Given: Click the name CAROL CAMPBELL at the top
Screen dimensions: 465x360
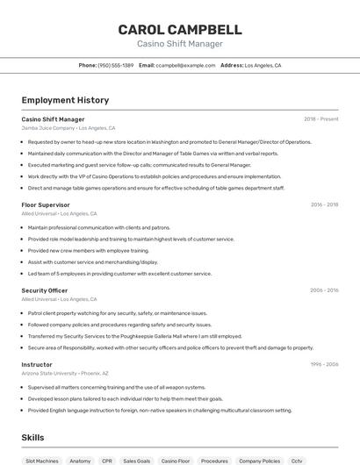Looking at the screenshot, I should point(179,29).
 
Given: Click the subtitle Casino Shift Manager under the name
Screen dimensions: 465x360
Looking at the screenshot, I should point(179,44).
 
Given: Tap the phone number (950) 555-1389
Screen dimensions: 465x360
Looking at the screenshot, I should point(115,65).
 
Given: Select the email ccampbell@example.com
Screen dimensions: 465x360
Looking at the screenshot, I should point(185,65).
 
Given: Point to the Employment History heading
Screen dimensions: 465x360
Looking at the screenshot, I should point(65,100).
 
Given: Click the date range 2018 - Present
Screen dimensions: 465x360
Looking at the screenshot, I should point(320,118).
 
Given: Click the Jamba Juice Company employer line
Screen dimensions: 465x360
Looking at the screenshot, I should point(68,127).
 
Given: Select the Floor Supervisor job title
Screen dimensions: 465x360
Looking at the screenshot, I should point(46,204).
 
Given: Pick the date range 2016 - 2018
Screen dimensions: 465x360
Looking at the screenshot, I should point(324,204).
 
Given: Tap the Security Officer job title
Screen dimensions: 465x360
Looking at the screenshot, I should point(44,290).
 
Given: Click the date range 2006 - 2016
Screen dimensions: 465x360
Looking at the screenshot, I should point(324,290).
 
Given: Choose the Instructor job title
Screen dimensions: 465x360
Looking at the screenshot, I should point(37,364).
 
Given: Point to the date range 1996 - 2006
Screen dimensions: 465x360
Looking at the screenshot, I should point(324,364).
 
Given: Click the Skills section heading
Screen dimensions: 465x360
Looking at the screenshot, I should point(32,437).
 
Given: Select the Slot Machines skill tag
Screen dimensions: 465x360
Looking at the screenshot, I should point(42,460).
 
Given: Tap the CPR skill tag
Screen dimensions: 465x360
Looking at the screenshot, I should point(107,460).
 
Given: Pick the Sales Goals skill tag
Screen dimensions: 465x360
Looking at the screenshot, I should point(137,460).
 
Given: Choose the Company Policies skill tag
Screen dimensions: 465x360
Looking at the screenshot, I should point(259,460).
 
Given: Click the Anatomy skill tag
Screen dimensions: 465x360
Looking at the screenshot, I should point(80,460).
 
